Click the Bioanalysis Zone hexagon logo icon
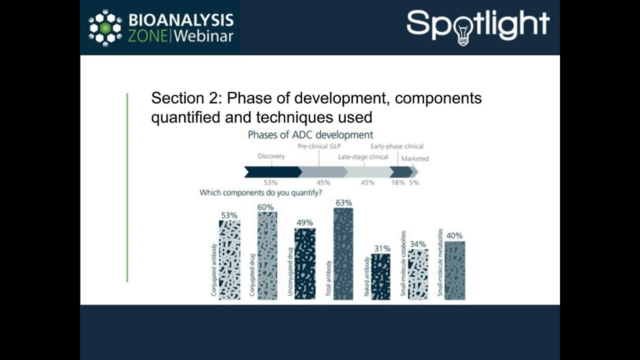click(105, 28)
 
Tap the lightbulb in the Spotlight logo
click(462, 33)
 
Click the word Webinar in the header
click(204, 36)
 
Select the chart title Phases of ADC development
click(310, 135)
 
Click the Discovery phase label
click(271, 156)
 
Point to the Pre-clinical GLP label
click(319, 146)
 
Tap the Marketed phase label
click(415, 158)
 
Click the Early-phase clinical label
click(396, 146)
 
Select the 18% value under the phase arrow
click(398, 182)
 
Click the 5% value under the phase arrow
click(414, 182)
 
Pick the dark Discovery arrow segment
click(272, 172)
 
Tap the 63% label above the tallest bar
click(344, 203)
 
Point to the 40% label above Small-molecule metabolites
click(454, 235)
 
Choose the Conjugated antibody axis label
click(214, 270)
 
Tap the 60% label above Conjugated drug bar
click(266, 207)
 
